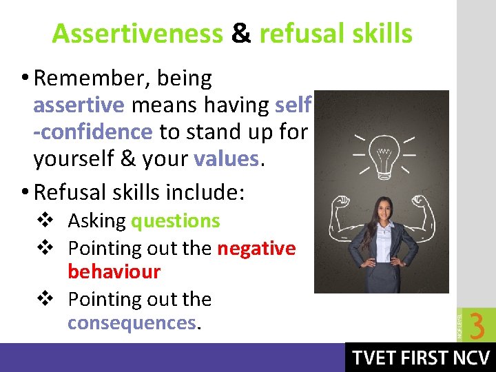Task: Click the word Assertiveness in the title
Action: [x=137, y=33]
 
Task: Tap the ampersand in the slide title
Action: [x=241, y=33]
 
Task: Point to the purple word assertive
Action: [x=79, y=105]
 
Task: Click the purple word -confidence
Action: [x=93, y=132]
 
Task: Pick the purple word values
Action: [x=226, y=158]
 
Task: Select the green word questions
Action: [x=175, y=221]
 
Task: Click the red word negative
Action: [x=256, y=248]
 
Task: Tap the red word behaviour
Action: [x=114, y=272]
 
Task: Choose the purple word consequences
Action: [x=132, y=323]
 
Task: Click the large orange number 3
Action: [x=476, y=325]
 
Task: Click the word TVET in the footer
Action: [x=375, y=358]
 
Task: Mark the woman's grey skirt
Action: [x=382, y=278]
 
